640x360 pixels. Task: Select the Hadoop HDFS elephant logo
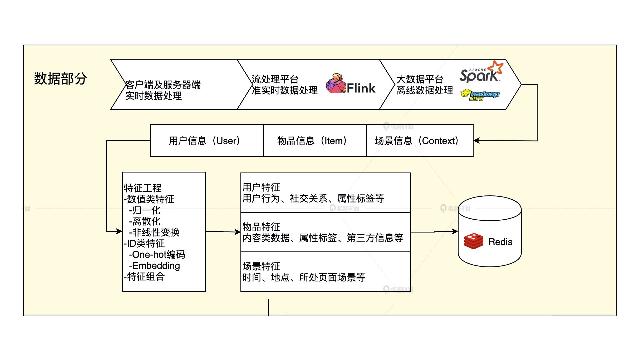pos(480,95)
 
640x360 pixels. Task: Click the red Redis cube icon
pos(474,242)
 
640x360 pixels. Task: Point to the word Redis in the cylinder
pos(500,242)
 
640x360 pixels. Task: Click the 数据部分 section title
pos(60,79)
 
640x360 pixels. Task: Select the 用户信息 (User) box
pos(207,140)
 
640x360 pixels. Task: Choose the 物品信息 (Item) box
pos(315,140)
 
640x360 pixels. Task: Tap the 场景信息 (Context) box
pos(420,140)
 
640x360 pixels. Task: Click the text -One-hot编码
pos(157,255)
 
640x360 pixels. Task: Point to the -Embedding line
pos(154,266)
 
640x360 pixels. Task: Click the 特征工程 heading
pos(143,188)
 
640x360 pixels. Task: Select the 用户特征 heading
pos(261,187)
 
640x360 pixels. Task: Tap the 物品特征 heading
pos(261,227)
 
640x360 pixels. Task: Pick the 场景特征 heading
pos(261,266)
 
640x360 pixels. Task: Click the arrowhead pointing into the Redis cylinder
pos(455,231)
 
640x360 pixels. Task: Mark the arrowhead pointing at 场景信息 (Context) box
pos(477,141)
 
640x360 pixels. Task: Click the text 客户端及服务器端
pos(163,85)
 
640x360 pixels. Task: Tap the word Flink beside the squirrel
pos(361,88)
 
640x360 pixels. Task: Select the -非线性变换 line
pos(154,232)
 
